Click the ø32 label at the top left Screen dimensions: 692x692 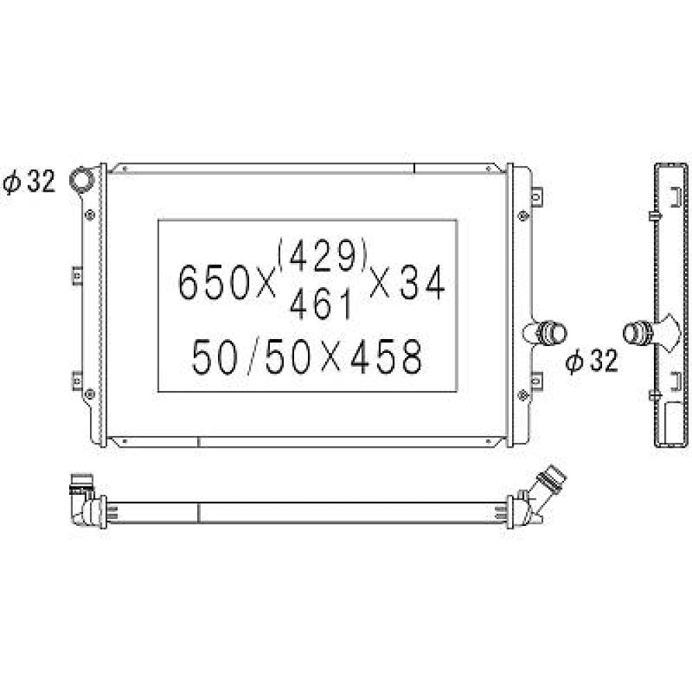click(x=28, y=182)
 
